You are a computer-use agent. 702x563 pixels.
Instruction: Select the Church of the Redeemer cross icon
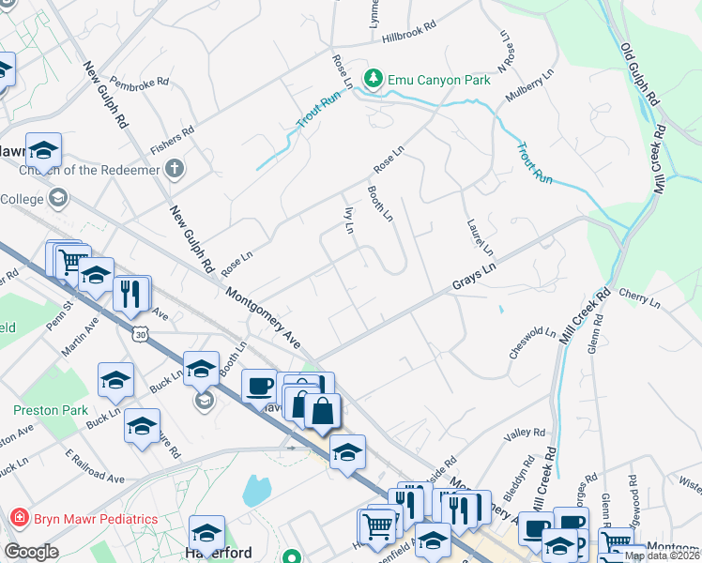click(x=173, y=170)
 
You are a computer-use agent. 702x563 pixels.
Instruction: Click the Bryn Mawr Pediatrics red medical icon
click(x=18, y=519)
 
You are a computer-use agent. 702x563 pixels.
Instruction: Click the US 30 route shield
click(x=140, y=334)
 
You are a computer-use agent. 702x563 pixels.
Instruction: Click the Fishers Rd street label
click(x=172, y=139)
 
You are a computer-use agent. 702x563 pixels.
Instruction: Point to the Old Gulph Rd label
click(x=642, y=73)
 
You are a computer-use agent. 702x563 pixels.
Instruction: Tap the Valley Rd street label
click(x=525, y=433)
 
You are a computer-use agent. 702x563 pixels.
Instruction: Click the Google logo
click(x=32, y=552)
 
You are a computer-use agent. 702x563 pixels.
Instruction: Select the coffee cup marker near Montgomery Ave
click(x=260, y=385)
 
